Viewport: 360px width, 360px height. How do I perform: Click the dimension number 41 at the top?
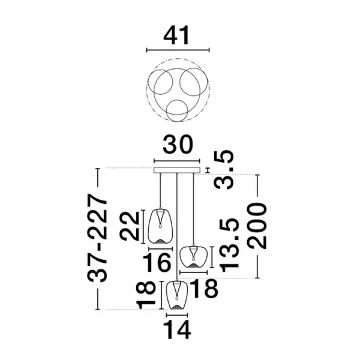tap(176, 35)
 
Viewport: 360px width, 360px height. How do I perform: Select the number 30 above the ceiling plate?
tap(177, 145)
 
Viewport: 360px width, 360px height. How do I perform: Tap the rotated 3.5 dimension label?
tap(224, 170)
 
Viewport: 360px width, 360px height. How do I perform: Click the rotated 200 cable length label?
tap(257, 226)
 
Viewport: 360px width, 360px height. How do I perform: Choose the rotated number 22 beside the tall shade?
tap(130, 226)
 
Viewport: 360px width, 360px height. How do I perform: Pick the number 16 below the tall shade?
tap(157, 262)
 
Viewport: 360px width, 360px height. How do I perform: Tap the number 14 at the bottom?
tap(177, 330)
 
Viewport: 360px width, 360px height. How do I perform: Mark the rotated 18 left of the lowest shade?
tap(146, 295)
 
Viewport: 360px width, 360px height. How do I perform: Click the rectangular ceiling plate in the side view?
tap(177, 170)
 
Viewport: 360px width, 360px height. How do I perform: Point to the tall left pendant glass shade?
tap(160, 226)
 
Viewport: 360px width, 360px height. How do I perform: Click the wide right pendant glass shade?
tap(193, 257)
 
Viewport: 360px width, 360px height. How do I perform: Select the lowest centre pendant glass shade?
tap(177, 295)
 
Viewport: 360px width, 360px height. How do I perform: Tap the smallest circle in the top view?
tap(177, 110)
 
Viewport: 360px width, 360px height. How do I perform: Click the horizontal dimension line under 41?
tap(178, 50)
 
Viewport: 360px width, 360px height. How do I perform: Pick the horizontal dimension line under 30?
tap(177, 161)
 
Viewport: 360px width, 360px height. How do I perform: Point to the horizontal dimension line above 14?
tap(177, 315)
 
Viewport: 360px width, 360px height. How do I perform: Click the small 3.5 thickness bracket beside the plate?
tap(208, 170)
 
